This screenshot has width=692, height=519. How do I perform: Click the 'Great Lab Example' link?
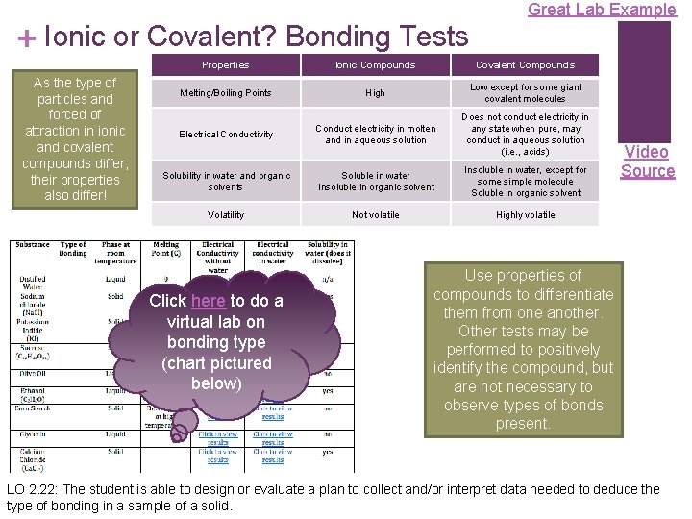pos(602,10)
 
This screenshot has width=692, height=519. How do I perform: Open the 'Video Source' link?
pos(647,161)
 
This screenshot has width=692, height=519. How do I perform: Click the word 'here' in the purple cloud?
pos(208,301)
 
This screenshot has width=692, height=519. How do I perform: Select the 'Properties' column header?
pos(225,65)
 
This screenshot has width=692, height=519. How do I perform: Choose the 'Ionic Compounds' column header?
pos(375,65)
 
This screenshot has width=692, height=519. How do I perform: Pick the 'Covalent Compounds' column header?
pos(525,65)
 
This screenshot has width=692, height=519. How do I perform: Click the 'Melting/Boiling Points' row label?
pos(225,93)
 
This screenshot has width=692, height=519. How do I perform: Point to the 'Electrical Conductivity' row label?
pos(225,135)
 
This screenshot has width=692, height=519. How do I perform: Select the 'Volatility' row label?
pos(225,215)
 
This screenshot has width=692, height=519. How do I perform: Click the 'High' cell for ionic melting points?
pos(375,93)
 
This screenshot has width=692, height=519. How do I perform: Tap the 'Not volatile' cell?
pos(375,215)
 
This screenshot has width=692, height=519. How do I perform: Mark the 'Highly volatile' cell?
pos(525,215)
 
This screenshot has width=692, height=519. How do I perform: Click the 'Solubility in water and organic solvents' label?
pos(225,182)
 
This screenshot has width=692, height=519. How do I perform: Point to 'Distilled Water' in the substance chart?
pos(32,284)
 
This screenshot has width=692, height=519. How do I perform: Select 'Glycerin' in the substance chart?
pos(32,434)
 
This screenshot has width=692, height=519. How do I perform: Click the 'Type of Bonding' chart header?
pos(74,250)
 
